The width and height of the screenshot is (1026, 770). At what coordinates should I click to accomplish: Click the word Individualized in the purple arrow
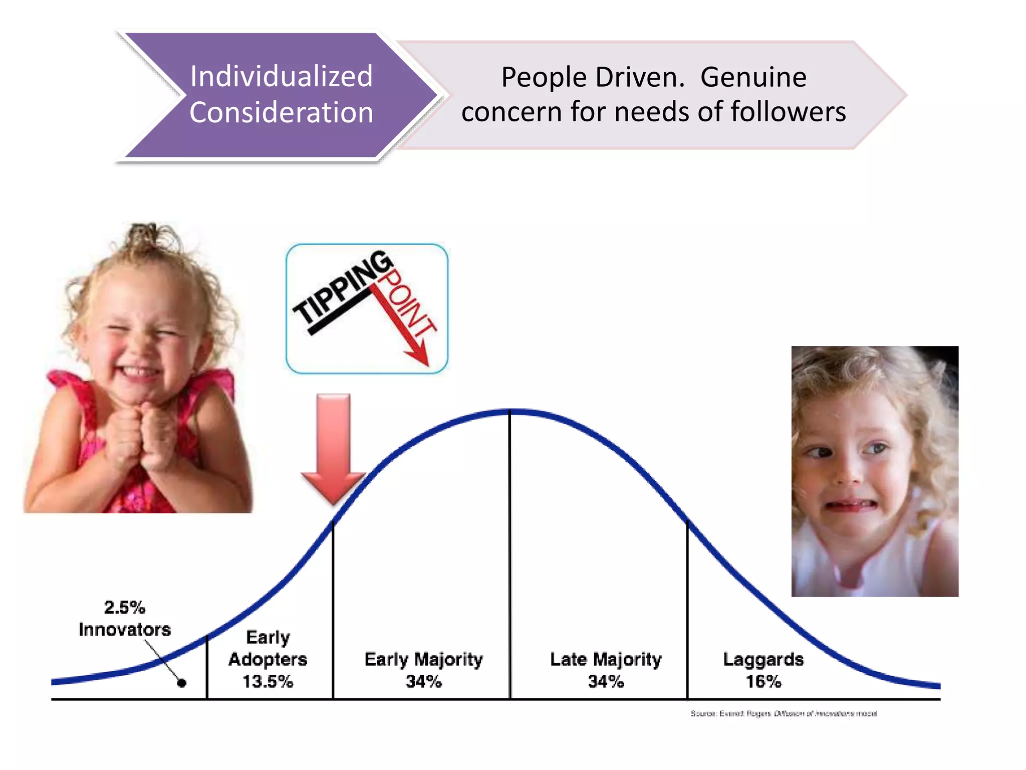(281, 77)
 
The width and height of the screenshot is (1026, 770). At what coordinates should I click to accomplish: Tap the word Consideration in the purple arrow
(281, 112)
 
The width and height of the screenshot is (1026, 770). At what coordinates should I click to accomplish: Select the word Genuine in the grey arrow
(753, 78)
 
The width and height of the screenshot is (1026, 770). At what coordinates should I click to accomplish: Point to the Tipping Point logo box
(367, 309)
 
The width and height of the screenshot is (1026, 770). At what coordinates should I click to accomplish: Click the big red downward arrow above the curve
(333, 446)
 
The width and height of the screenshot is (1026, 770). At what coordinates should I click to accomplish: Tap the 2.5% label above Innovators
(124, 608)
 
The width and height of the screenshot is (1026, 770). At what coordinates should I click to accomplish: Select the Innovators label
(125, 630)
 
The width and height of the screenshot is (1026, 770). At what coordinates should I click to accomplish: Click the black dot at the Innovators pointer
(182, 683)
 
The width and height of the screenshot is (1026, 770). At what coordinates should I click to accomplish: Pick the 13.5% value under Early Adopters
(268, 682)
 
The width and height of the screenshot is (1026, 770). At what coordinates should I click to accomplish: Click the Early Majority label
(423, 660)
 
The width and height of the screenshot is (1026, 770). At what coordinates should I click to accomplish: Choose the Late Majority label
(606, 660)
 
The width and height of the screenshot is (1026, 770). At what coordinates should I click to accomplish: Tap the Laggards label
(763, 660)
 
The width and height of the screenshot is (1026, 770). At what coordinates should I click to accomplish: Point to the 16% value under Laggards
(763, 682)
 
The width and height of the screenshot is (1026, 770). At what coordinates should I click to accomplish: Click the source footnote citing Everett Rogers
(784, 713)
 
